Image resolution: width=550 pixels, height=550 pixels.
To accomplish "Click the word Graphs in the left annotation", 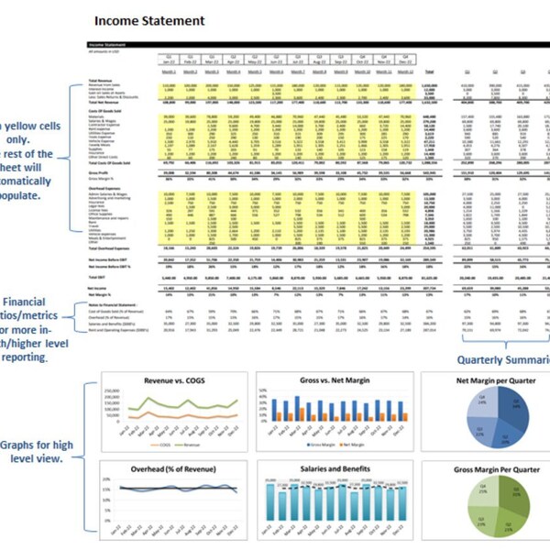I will [x=21, y=445].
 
